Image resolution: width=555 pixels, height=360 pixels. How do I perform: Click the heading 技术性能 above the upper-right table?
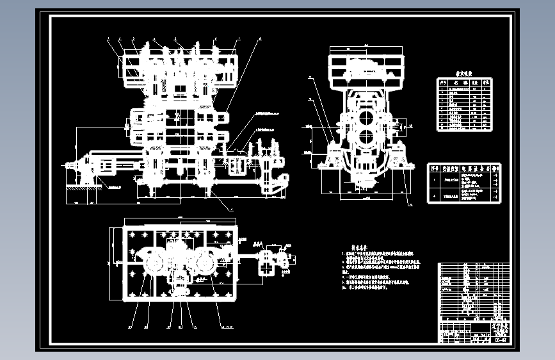click(x=463, y=74)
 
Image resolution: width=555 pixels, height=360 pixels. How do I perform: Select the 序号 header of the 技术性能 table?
click(x=442, y=82)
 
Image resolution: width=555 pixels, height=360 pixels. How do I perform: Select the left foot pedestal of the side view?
click(x=332, y=158)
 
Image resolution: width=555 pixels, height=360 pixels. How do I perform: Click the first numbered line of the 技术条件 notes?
click(x=378, y=254)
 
